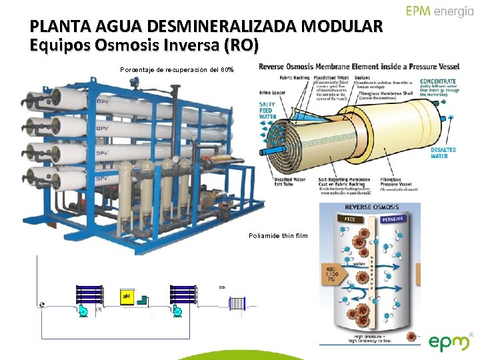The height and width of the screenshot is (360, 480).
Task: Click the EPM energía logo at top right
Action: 441,12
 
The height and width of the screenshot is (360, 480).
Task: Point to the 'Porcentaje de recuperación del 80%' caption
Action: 177,69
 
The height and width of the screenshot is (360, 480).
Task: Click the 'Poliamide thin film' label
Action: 278,235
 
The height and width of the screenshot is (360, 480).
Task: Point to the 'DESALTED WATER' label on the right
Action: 442,153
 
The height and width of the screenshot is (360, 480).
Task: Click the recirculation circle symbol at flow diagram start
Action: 42,305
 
